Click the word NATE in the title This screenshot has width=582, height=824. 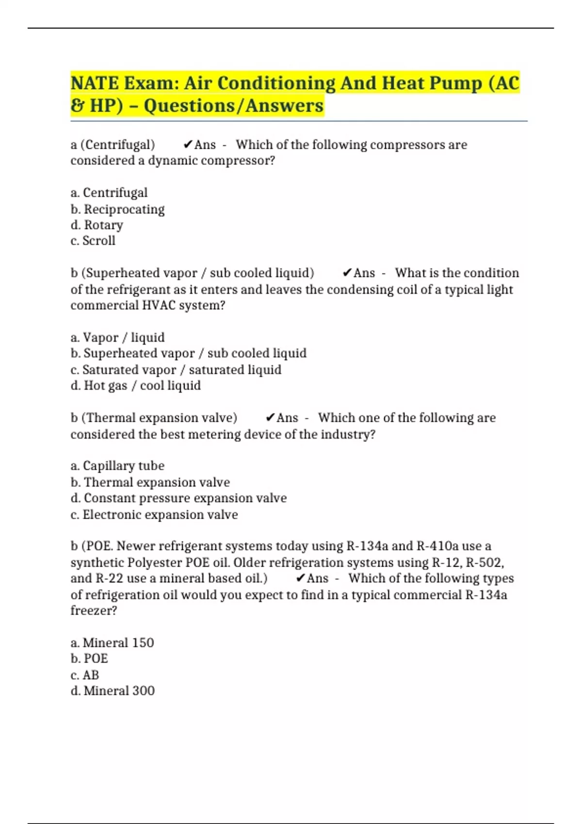95,83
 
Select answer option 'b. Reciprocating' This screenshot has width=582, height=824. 117,209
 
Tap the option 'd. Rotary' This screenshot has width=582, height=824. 97,225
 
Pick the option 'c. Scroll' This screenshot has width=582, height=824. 93,241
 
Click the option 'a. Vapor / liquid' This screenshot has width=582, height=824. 117,337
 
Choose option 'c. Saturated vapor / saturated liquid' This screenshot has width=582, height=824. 176,370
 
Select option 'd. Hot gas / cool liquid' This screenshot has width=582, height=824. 135,386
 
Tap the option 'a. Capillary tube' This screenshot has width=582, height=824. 117,466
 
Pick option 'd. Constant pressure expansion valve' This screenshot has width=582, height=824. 178,498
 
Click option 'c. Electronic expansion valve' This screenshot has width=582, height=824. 154,515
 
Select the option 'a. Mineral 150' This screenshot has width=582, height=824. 112,643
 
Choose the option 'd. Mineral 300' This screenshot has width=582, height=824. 113,691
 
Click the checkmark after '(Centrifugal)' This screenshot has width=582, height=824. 188,144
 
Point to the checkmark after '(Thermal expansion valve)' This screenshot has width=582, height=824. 270,418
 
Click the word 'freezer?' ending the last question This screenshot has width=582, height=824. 94,610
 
